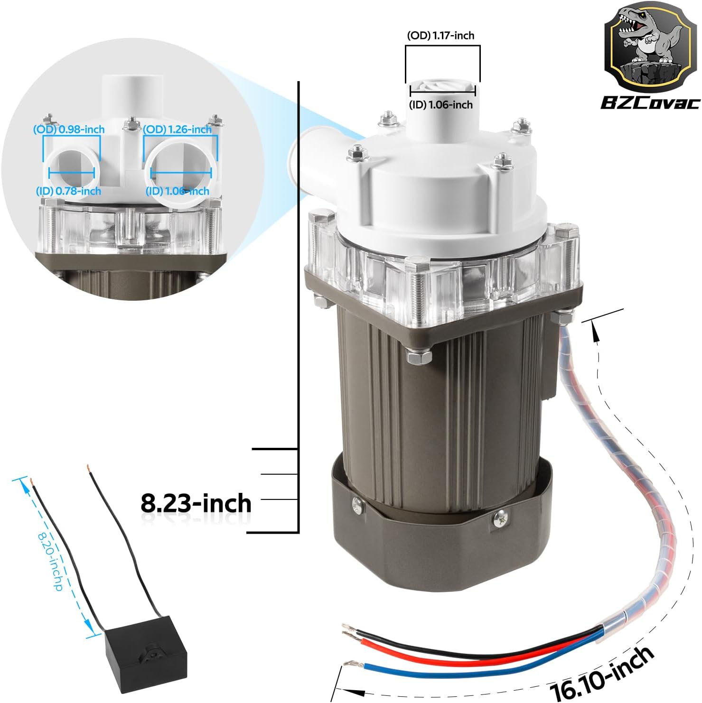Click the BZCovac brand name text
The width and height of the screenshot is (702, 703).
[x=650, y=102]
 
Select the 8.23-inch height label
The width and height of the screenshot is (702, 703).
[x=196, y=503]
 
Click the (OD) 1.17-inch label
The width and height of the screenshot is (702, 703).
[x=440, y=36]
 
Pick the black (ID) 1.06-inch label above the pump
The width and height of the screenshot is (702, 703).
[x=441, y=105]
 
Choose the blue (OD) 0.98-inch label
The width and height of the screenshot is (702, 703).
[x=69, y=129]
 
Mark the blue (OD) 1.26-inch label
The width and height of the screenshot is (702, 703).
[x=178, y=129]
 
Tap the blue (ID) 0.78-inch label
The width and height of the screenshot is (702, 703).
[x=69, y=191]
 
